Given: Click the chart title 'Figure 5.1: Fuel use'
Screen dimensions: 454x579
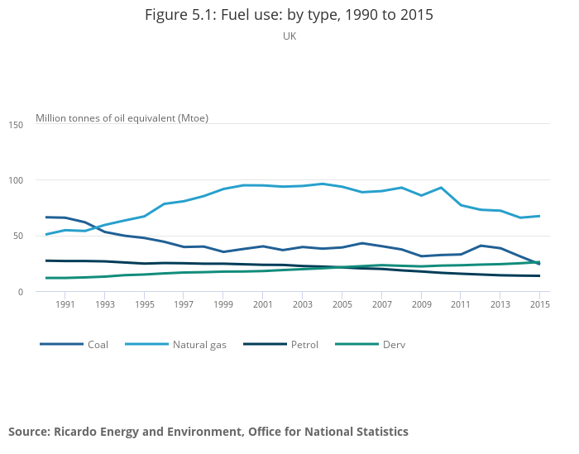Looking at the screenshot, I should pos(289,15).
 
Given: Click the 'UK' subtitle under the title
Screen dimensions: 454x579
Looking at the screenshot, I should pos(289,36).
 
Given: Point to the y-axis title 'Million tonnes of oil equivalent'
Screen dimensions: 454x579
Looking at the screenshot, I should pos(122,117).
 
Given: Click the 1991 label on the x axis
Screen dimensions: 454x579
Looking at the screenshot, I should pos(65,304).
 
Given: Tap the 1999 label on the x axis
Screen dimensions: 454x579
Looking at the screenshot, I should pos(223,304).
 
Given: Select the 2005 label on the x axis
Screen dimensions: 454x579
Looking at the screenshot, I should pos(342,304).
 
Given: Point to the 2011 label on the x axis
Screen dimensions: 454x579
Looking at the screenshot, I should pos(461,304).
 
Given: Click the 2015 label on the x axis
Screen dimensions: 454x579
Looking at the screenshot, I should pos(540,304).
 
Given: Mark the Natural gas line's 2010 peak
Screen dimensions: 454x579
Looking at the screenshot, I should pos(441,188).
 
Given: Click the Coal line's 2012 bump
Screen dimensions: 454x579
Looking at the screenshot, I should pos(481,246).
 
